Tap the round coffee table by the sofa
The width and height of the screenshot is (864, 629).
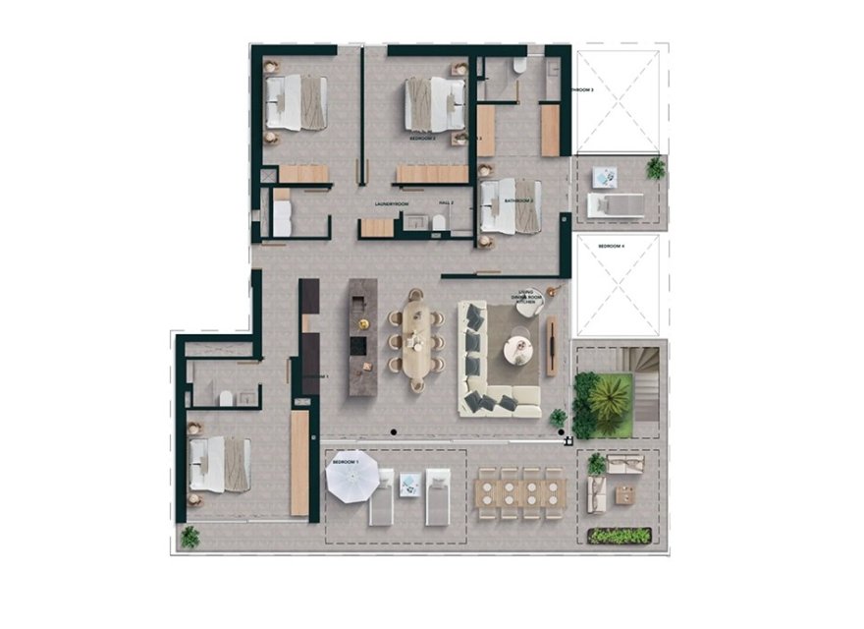click(517, 349)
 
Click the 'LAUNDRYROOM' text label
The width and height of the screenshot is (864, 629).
click(390, 203)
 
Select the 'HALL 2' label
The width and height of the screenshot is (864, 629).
click(446, 203)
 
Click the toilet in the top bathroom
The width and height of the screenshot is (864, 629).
click(518, 66)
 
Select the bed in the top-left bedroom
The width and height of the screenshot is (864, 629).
click(295, 103)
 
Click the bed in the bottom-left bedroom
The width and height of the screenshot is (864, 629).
click(219, 464)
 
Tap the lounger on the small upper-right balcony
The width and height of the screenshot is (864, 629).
click(616, 204)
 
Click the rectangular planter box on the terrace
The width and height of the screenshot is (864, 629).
click(620, 535)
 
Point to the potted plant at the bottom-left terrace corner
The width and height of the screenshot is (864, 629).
click(190, 537)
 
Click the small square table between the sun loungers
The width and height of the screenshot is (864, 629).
click(409, 482)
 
